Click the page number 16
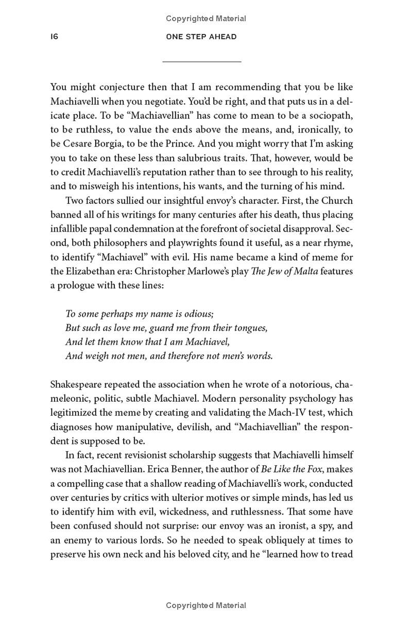54,37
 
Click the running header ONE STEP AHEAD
201,37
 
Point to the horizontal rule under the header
201,62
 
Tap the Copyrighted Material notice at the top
206,19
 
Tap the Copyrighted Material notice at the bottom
206,605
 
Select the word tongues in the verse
248,328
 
